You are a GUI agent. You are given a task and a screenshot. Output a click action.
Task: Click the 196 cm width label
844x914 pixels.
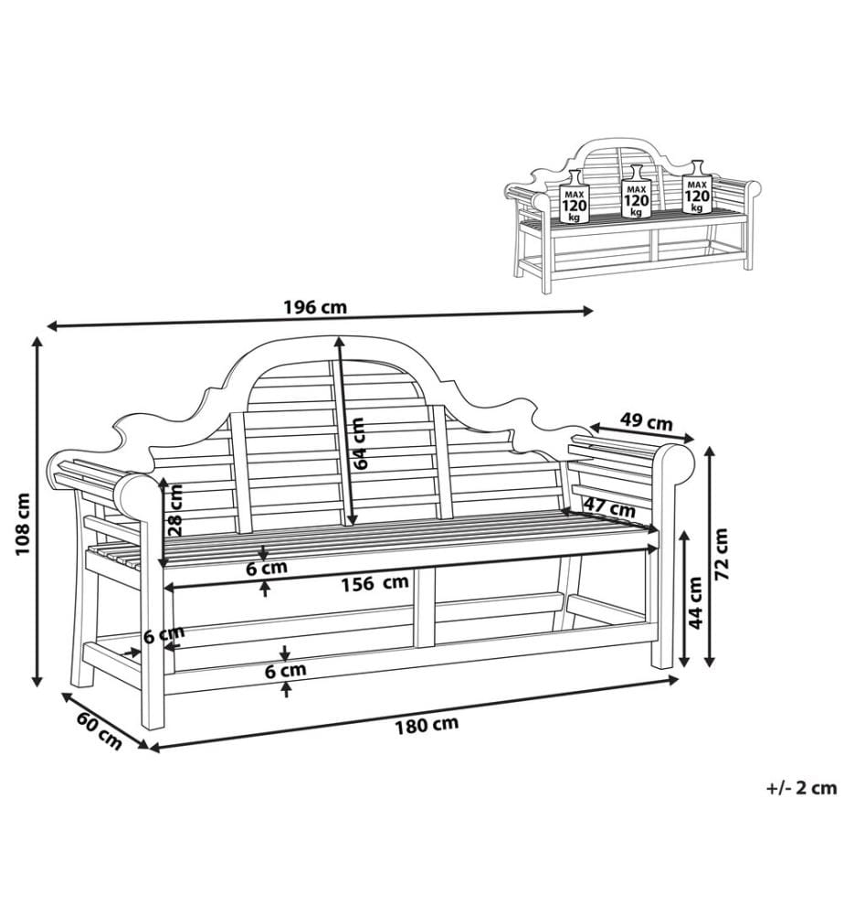[x=315, y=306]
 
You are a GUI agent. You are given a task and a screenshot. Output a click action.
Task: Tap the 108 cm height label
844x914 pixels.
[x=22, y=524]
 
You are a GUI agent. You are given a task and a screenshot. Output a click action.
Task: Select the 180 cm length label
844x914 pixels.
[x=427, y=725]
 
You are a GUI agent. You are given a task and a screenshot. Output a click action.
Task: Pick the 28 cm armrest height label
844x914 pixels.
[x=175, y=510]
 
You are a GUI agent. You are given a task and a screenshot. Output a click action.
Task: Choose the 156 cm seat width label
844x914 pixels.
[x=375, y=583]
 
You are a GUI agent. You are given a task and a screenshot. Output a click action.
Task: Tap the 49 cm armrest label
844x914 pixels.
[x=646, y=420]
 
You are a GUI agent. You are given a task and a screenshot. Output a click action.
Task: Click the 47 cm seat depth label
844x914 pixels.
[x=609, y=506]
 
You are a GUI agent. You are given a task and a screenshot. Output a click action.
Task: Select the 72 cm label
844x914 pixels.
[x=721, y=554]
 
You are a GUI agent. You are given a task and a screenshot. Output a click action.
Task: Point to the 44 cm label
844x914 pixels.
[x=695, y=602]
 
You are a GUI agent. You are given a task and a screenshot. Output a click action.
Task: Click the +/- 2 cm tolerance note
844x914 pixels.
[x=801, y=788]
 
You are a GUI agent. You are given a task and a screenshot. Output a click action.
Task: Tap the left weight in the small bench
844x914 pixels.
[x=575, y=197]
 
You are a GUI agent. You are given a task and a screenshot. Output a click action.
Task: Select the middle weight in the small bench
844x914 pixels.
[x=636, y=191]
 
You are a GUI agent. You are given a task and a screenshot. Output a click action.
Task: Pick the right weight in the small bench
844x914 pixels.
[x=697, y=186]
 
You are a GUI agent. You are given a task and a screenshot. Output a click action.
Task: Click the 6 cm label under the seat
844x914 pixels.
[x=266, y=569]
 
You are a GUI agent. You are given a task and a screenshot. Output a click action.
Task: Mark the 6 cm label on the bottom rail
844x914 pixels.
[x=285, y=671]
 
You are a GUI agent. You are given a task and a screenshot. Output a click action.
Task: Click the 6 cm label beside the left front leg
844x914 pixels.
[x=164, y=633]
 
